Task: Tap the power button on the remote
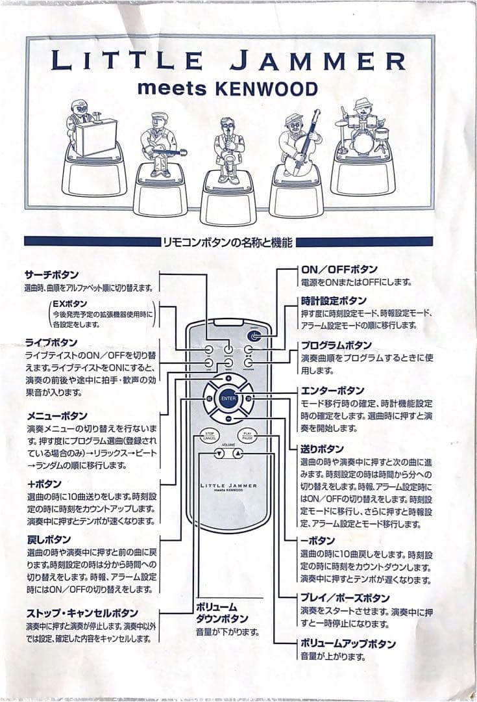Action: (254, 336)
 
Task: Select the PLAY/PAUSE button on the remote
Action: (247, 435)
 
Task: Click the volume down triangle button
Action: (219, 454)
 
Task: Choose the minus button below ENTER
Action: (228, 419)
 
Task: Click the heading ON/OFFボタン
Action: (339, 269)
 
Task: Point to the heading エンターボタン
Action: (332, 391)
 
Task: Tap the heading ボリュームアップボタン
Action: (348, 643)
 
